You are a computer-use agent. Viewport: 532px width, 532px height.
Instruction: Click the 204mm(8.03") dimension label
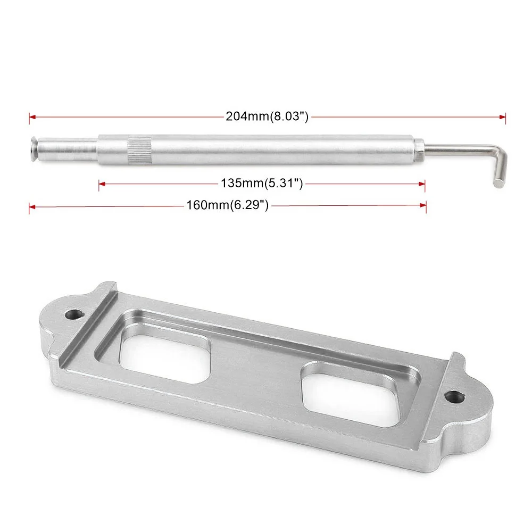(267, 117)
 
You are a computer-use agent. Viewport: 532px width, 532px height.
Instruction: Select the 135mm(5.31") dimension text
(262, 183)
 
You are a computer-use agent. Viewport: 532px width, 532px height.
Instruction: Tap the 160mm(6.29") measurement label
(227, 205)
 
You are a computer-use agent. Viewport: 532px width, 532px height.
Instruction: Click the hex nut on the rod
(419, 149)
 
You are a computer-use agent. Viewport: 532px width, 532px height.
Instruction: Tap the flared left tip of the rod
(34, 149)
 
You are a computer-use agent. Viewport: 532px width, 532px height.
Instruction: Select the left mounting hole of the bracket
(75, 314)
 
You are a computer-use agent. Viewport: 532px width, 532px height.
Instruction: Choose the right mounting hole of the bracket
(454, 397)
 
